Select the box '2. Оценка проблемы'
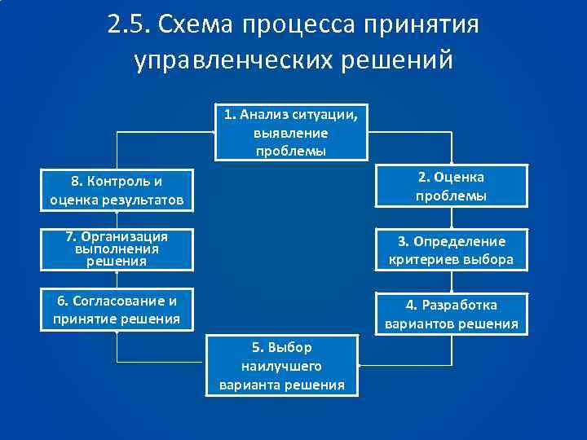pos(451,187)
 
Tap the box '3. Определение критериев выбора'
pos(451,250)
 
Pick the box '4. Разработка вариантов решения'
pos(451,314)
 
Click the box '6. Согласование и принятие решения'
pos(116,310)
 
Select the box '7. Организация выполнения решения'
pos(116,249)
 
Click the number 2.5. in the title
pos(130,26)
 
